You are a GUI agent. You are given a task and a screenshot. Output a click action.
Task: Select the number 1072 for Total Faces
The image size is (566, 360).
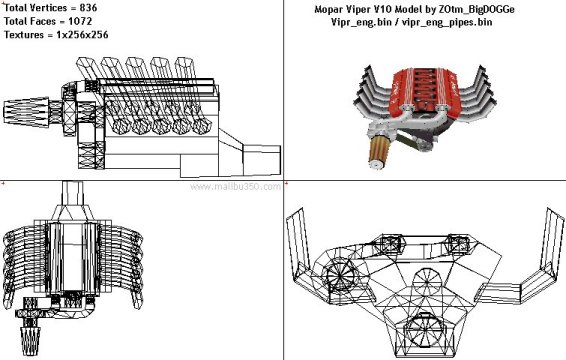[x=80, y=21]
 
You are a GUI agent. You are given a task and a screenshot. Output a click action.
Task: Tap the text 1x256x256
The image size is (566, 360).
[x=82, y=35]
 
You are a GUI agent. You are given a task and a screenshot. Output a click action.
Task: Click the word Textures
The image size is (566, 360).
[x=24, y=35]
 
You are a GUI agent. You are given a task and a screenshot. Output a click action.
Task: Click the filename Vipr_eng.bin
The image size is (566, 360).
[x=361, y=22]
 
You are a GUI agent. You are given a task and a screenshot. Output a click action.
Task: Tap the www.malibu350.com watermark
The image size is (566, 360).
[x=235, y=187]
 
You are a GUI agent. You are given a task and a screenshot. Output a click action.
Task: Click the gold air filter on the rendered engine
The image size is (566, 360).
[x=379, y=152]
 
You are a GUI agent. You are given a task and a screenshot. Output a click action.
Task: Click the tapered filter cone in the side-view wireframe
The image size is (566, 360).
[x=26, y=111]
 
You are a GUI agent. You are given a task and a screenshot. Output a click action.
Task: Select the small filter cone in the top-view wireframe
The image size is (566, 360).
[x=30, y=341]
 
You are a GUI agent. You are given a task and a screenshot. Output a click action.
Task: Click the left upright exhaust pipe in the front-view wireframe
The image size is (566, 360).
[x=297, y=240]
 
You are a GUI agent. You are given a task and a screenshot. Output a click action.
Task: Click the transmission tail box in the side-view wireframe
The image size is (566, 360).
[x=262, y=160]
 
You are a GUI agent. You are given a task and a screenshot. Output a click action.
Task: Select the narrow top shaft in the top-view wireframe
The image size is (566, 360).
[x=73, y=194]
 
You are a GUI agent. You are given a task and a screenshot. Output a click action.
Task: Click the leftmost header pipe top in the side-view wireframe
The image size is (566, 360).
[x=85, y=66]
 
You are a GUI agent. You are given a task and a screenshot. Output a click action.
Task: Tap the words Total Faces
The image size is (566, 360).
[x=30, y=21]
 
